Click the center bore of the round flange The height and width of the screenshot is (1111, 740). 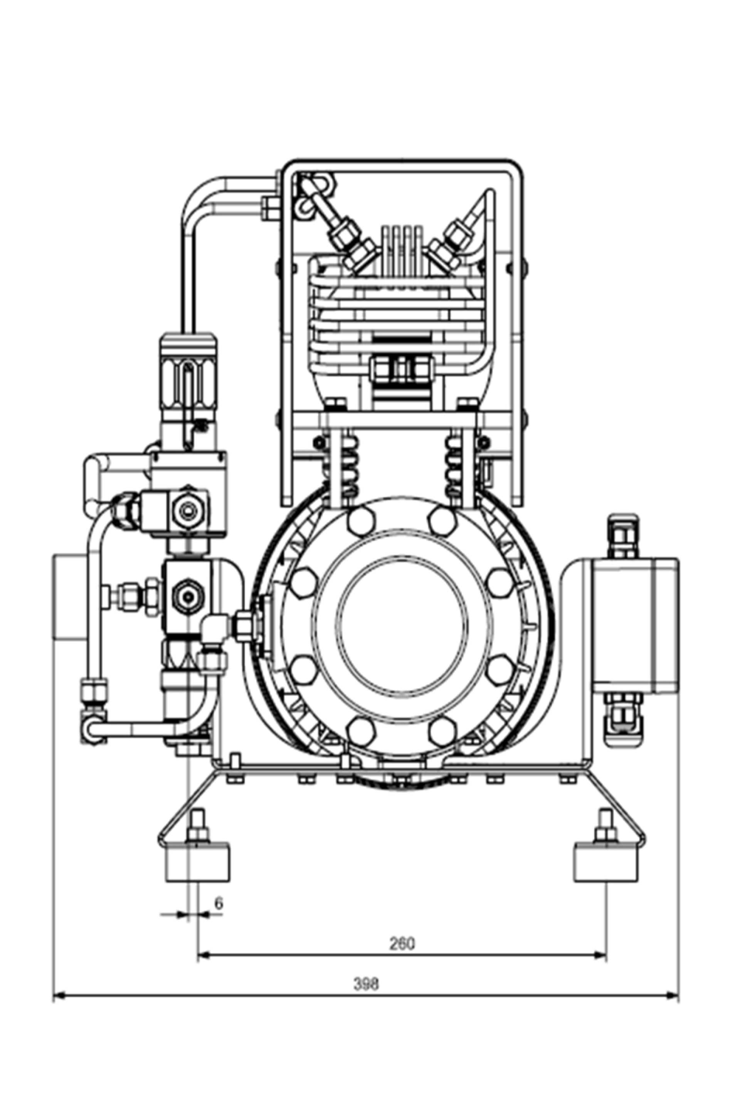point(402,625)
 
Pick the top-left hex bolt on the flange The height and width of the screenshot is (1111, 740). point(362,522)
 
